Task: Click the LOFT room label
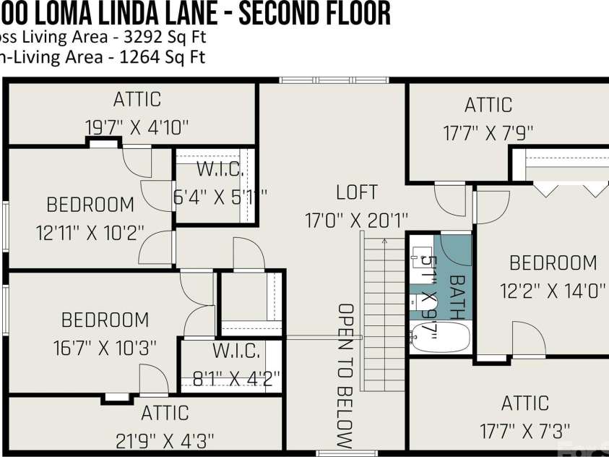tap(357, 192)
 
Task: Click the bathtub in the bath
tap(440, 337)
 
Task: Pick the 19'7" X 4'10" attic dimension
tap(137, 127)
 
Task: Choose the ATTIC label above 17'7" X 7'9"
tap(488, 105)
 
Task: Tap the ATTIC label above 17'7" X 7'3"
tap(525, 403)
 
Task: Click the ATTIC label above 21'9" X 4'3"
tap(165, 413)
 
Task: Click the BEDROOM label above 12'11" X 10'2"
tap(90, 205)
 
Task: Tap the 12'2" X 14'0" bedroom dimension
tap(553, 291)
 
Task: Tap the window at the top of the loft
tap(334, 80)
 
